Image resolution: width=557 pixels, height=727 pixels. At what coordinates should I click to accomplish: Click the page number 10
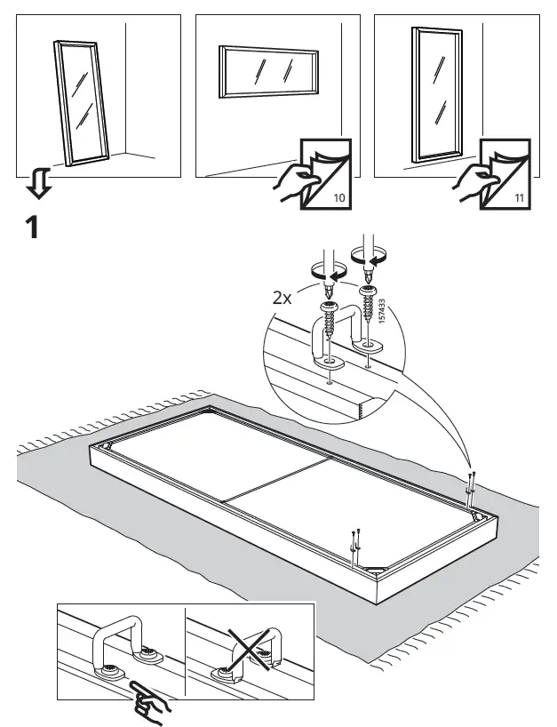[x=338, y=197]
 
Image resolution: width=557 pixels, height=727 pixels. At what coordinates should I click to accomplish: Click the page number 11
[x=518, y=197]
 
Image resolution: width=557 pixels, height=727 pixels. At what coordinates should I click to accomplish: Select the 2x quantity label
[x=282, y=298]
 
